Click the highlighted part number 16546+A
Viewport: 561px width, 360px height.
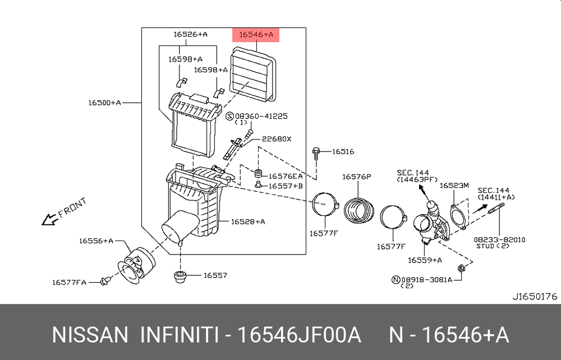tap(256, 35)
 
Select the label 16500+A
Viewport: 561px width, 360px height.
tap(104, 103)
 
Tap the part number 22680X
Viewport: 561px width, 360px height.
tap(277, 139)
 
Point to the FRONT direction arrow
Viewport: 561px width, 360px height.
tap(63, 213)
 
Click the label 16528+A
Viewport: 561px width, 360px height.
tap(247, 221)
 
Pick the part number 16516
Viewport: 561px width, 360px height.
tap(343, 151)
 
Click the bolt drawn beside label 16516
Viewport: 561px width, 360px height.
tap(317, 151)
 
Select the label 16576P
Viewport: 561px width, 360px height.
tap(357, 177)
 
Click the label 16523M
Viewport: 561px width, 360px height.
tap(454, 185)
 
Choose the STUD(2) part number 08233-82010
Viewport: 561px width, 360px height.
tap(502, 239)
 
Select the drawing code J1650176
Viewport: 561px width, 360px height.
tap(534, 296)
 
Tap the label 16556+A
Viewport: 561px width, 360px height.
tap(96, 241)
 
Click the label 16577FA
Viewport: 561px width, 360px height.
tap(70, 282)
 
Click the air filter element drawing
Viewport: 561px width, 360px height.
tap(255, 75)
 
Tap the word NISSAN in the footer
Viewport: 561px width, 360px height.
tap(90, 335)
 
